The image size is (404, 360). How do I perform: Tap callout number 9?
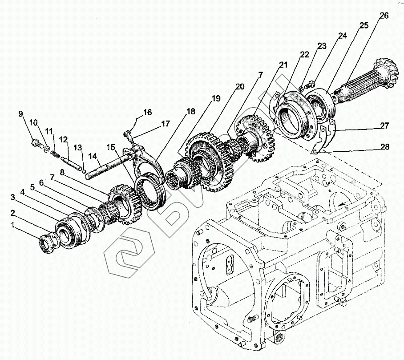(x=20, y=114)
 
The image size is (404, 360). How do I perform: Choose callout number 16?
(x=147, y=112)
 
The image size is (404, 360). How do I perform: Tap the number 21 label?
(x=283, y=65)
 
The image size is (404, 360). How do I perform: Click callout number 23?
(x=322, y=46)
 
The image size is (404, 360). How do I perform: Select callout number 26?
(x=384, y=16)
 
